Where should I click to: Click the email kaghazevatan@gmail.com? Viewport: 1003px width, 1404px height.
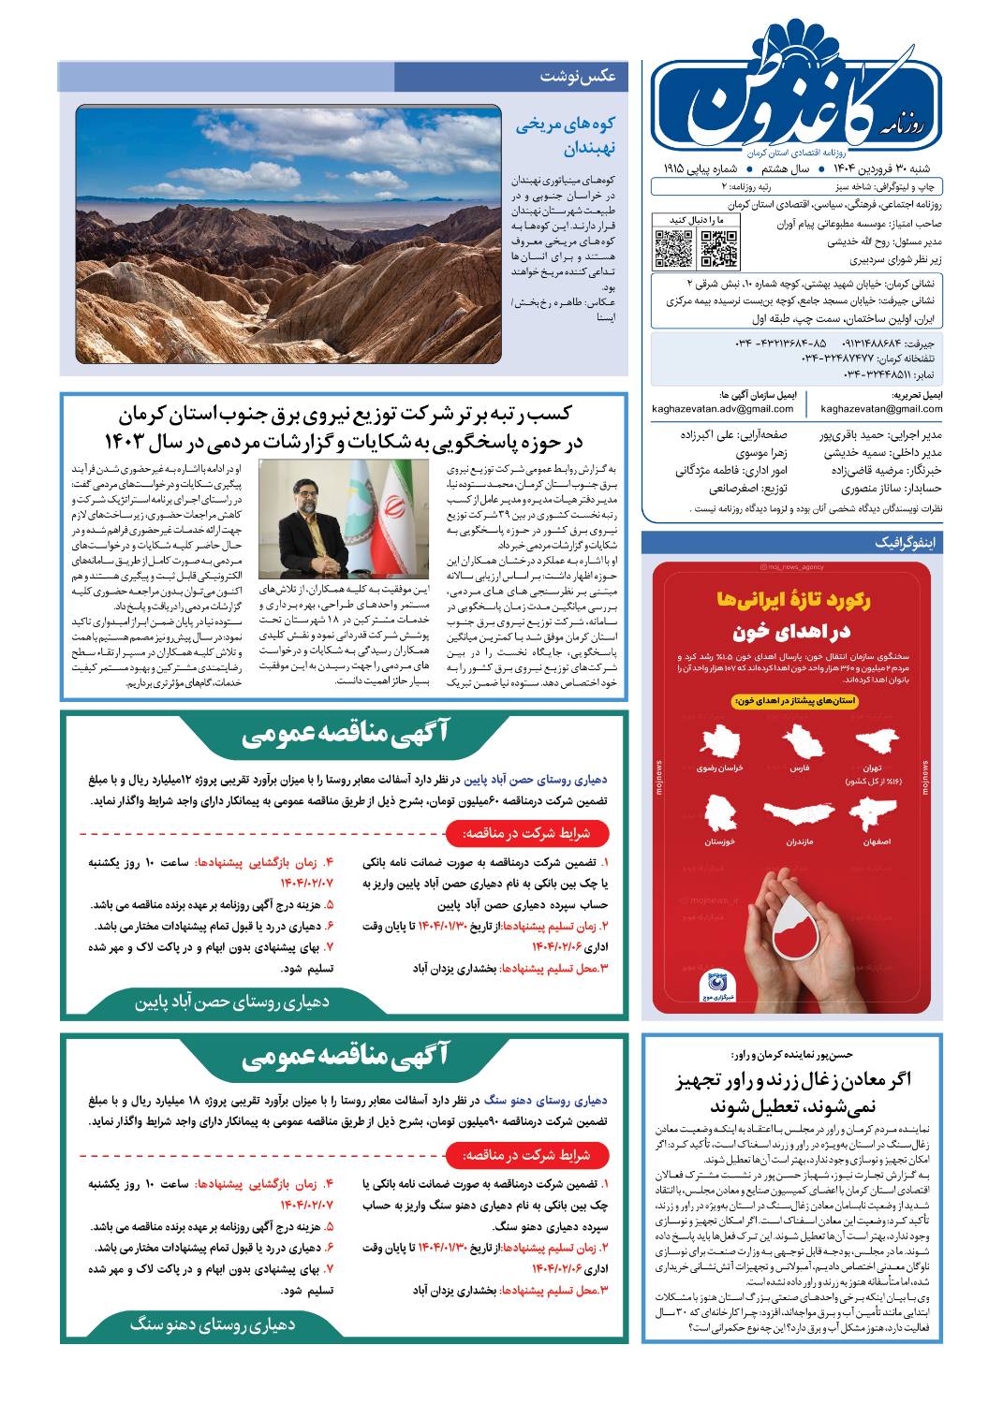(x=881, y=408)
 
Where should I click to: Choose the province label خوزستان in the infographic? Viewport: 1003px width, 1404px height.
(x=718, y=841)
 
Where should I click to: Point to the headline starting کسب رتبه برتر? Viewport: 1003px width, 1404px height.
(x=343, y=427)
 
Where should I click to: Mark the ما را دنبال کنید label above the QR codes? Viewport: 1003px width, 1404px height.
(x=695, y=219)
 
